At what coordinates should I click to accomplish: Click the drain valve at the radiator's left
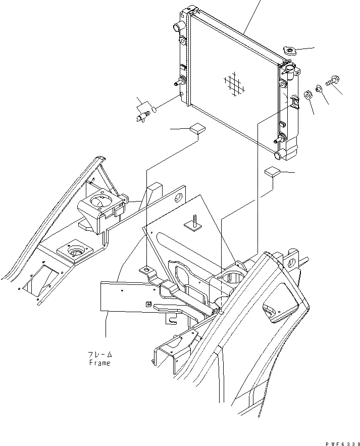tap(143, 113)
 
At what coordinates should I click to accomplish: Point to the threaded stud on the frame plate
tap(193, 224)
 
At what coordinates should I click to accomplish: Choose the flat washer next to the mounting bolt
tap(320, 88)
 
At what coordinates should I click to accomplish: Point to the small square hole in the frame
tap(148, 304)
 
